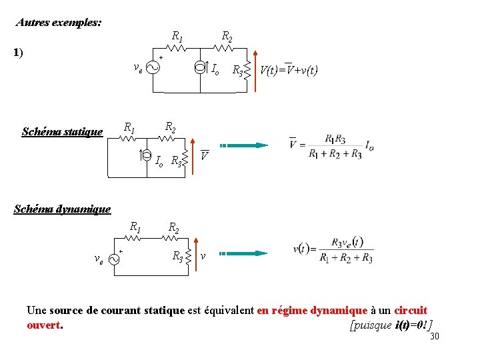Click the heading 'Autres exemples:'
(x=59, y=22)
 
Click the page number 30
(x=435, y=337)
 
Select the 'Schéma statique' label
(x=62, y=131)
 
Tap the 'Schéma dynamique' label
(x=62, y=209)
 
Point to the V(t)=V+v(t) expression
(x=289, y=69)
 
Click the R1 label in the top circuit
(x=178, y=35)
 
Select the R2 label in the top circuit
(x=227, y=35)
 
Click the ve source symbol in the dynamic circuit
(x=114, y=258)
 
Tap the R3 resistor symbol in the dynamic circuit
(x=189, y=255)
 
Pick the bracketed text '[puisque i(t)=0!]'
(x=391, y=325)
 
